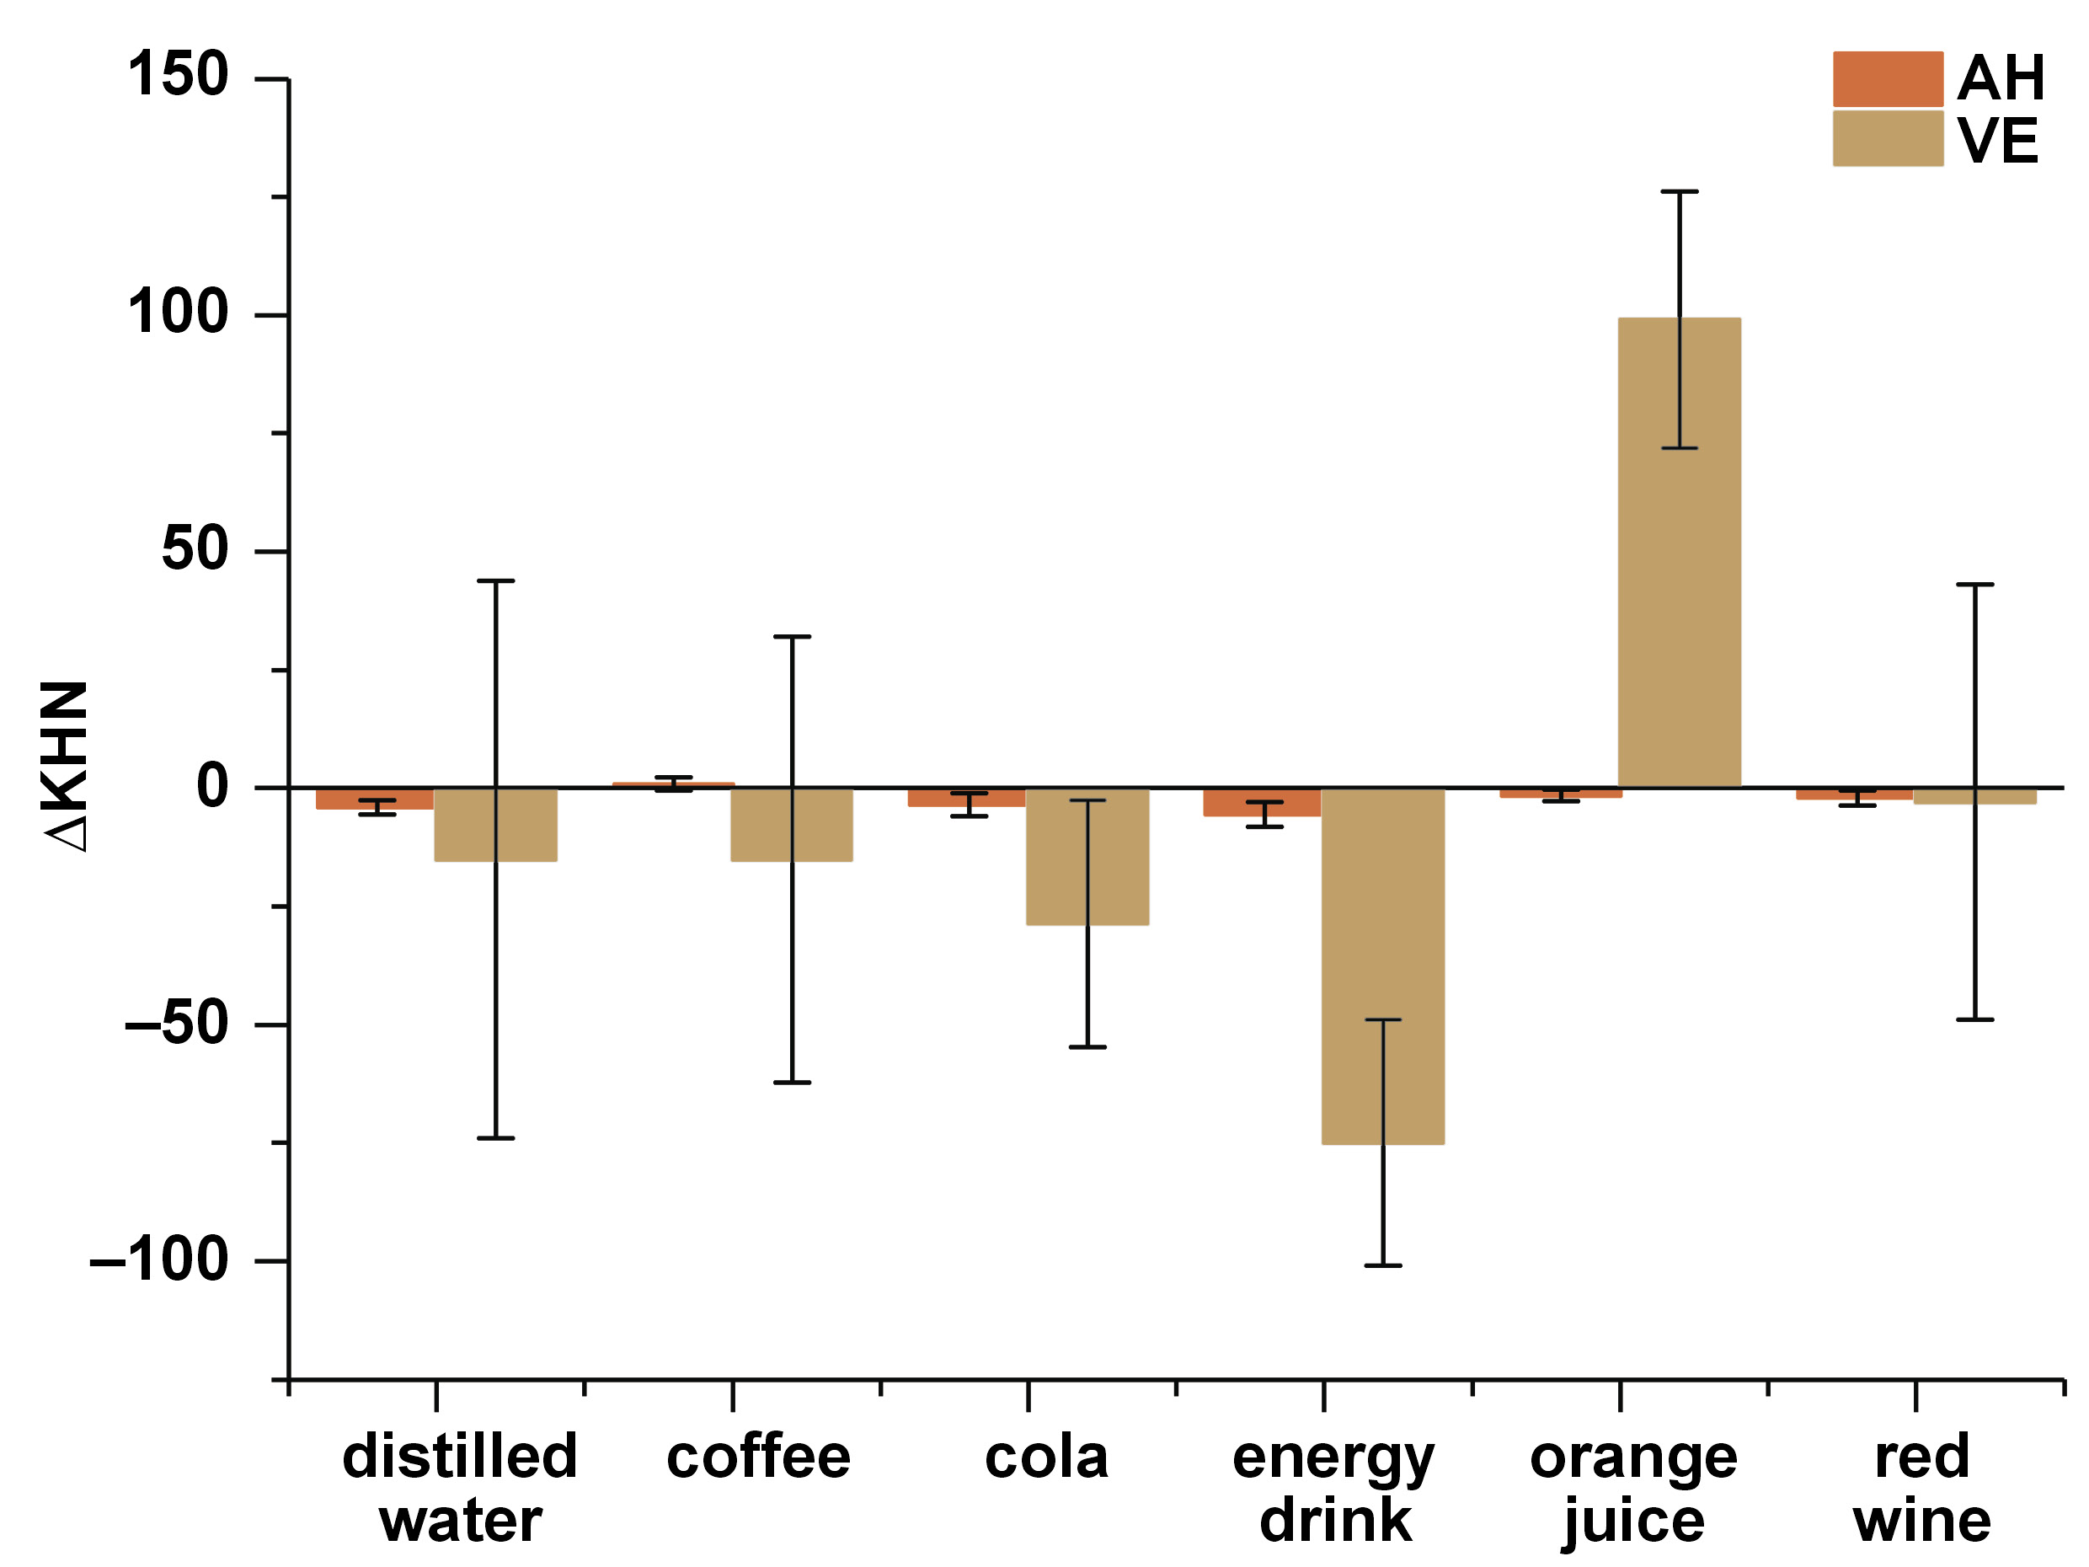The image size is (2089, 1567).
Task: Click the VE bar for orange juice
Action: (1679, 553)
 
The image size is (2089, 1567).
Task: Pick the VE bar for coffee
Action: (792, 825)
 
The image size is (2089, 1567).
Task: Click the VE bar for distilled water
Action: (494, 825)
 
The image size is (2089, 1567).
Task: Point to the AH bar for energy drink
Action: (1262, 803)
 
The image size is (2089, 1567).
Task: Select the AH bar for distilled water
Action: (375, 799)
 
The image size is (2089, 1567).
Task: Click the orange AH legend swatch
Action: (1888, 79)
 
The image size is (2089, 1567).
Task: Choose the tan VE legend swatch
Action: (1888, 139)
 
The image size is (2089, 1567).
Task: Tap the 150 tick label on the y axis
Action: (178, 75)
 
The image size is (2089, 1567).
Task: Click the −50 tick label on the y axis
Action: (177, 1022)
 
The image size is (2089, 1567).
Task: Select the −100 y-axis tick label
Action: (158, 1259)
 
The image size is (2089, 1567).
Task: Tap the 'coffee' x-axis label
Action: (758, 1457)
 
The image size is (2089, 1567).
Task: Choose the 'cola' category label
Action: (1046, 1457)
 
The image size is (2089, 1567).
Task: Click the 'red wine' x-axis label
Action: (1922, 1489)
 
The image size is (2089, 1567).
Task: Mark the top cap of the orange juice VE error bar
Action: (1679, 192)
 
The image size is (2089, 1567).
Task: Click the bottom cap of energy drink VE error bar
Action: (1382, 1265)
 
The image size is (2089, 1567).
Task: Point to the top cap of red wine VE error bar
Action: (1974, 585)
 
